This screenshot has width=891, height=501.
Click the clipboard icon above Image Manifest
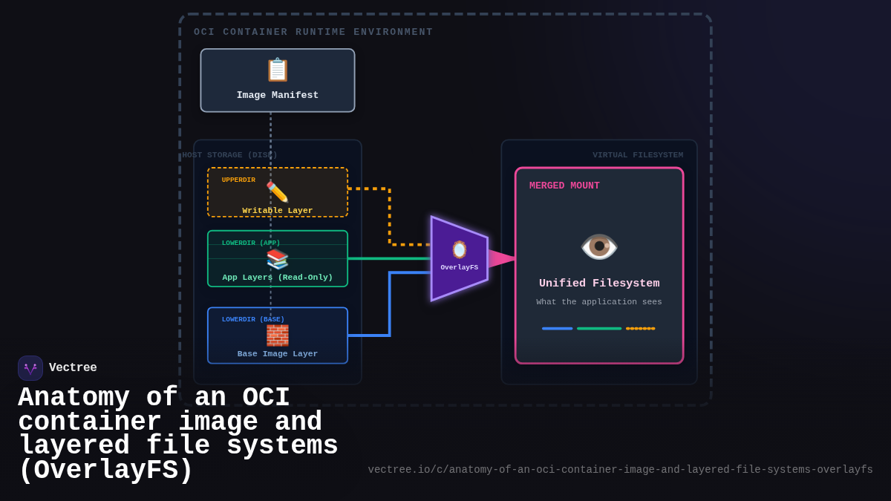click(277, 70)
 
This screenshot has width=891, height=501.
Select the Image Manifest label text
click(278, 95)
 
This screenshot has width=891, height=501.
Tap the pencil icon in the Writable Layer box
click(277, 192)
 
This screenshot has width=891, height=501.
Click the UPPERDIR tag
click(238, 180)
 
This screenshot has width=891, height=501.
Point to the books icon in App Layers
click(277, 259)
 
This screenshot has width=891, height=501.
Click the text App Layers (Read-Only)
click(278, 278)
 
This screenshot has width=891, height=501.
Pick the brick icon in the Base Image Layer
click(277, 335)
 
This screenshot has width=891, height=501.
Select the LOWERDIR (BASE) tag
click(253, 320)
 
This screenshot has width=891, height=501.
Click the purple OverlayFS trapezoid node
click(459, 258)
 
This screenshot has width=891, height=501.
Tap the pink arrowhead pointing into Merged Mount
click(502, 258)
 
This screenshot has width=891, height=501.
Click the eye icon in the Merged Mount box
click(598, 246)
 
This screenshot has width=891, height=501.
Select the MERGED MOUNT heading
click(564, 186)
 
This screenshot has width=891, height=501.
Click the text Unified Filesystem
click(599, 284)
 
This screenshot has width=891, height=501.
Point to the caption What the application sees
click(599, 302)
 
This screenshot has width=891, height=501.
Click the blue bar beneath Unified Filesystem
click(557, 328)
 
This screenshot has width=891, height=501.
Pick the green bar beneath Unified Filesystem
click(599, 328)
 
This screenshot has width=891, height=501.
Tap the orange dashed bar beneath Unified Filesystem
click(640, 328)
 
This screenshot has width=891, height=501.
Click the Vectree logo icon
click(30, 368)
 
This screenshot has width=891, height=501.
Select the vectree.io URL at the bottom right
click(620, 470)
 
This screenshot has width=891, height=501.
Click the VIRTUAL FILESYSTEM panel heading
click(637, 155)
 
